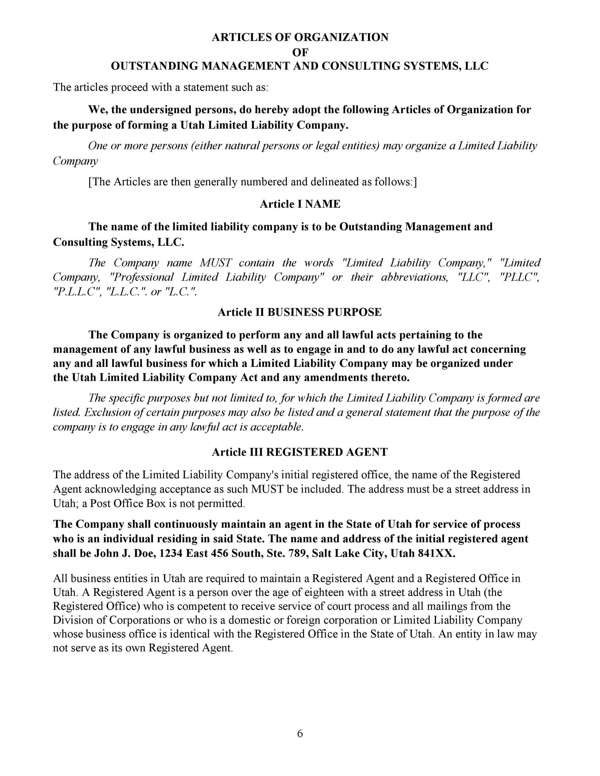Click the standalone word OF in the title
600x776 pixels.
coord(300,52)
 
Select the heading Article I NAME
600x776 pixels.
coord(300,204)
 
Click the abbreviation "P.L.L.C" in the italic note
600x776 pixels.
coord(75,292)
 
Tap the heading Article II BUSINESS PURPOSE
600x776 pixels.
coord(300,312)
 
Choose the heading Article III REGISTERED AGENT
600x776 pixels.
coord(300,452)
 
